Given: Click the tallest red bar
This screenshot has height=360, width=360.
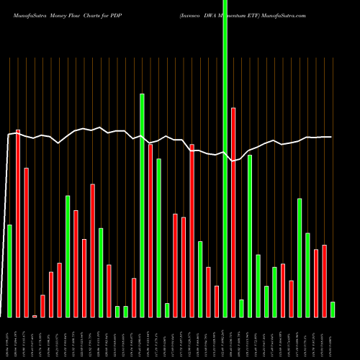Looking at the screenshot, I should [18, 223].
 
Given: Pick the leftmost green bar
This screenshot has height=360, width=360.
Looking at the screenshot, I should [10, 271].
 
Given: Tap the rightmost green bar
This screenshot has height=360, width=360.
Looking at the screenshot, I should [333, 310].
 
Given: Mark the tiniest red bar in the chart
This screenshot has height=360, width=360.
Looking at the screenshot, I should [35, 316].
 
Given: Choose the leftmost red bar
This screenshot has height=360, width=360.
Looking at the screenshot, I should [18, 223].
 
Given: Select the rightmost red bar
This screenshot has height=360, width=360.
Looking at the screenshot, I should [324, 281].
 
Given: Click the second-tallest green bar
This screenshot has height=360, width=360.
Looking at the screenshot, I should [142, 205].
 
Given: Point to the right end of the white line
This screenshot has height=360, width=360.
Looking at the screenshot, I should [331, 137].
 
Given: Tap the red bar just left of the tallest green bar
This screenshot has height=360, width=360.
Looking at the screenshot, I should [217, 302].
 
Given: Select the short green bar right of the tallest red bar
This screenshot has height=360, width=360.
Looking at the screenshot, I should [241, 308].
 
